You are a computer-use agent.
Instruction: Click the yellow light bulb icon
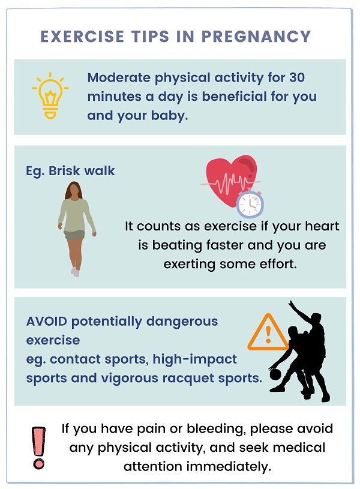click(50, 96)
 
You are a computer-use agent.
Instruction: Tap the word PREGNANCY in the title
click(256, 37)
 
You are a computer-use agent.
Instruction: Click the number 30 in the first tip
click(296, 77)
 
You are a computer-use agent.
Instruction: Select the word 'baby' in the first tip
click(168, 116)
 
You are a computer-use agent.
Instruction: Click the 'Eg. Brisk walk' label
click(70, 171)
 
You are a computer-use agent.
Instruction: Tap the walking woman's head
click(74, 190)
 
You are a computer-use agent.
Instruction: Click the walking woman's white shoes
click(75, 272)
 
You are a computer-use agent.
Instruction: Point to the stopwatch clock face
click(250, 204)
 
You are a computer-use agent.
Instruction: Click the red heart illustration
click(232, 180)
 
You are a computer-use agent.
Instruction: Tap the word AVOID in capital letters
click(46, 322)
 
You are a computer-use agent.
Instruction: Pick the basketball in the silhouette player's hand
click(275, 374)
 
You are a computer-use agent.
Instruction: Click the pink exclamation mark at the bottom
click(38, 448)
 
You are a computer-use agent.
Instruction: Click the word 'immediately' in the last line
click(229, 467)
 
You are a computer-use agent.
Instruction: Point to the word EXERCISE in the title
click(82, 37)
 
